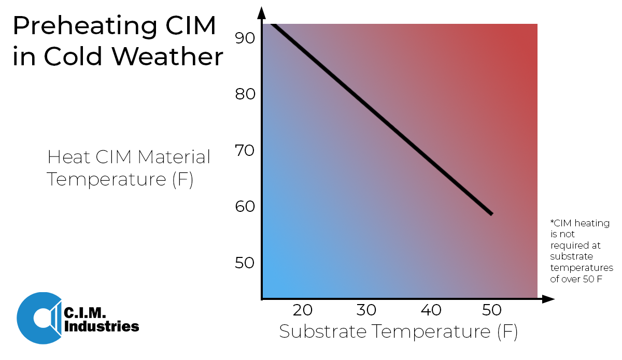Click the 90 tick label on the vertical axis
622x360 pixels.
tap(244, 38)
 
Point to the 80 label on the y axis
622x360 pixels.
tap(244, 95)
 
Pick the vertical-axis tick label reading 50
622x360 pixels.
tap(244, 263)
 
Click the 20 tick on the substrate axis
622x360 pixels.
tap(303, 311)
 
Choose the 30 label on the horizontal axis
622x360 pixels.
tap(366, 311)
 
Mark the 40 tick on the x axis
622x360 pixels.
tap(431, 311)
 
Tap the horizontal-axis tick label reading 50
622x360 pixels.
tap(491, 311)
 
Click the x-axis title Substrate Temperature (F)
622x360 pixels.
tap(398, 332)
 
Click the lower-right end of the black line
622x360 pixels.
tap(491, 213)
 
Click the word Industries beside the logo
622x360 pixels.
tap(101, 327)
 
